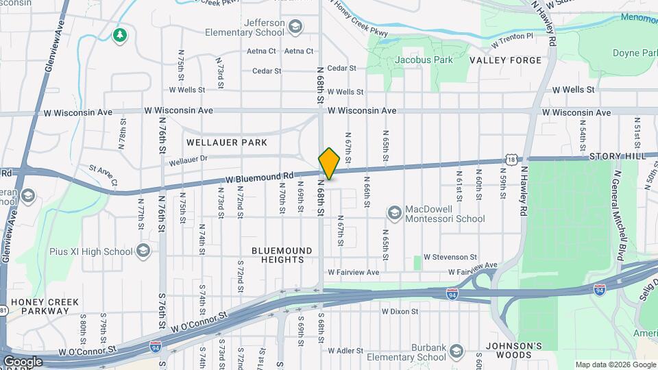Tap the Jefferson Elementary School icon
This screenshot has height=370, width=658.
click(x=295, y=27)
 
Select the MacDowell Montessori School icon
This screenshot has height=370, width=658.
click(x=394, y=214)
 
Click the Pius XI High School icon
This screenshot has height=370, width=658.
click(x=143, y=251)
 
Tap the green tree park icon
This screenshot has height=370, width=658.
click(x=121, y=34)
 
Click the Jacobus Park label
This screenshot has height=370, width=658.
click(x=424, y=60)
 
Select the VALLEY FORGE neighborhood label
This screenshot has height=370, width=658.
click(x=505, y=60)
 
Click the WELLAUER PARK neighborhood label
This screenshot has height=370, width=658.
click(x=226, y=143)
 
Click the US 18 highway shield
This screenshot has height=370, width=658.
click(x=512, y=159)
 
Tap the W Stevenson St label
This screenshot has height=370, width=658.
click(x=450, y=257)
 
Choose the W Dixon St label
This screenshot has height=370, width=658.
click(x=400, y=311)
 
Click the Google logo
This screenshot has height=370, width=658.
click(x=23, y=361)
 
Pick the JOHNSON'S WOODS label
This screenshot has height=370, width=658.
click(x=509, y=350)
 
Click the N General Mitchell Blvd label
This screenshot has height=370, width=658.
click(x=622, y=212)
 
